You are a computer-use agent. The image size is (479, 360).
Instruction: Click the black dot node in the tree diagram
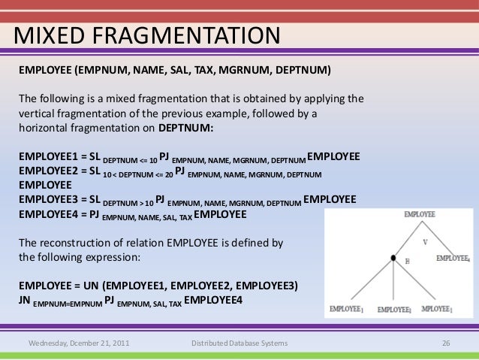point(393,259)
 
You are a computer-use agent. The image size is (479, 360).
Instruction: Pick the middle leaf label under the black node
point(395,310)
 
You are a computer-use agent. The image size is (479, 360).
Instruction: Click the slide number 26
point(445,344)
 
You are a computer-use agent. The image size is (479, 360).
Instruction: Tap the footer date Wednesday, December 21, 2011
point(77,344)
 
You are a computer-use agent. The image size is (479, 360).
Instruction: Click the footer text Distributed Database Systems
point(239,344)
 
